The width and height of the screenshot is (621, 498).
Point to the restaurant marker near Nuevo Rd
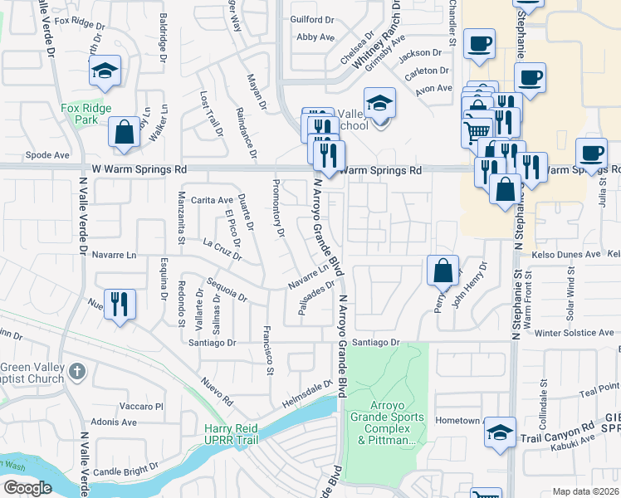click(121, 305)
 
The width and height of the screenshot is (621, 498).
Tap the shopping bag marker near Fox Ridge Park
click(124, 133)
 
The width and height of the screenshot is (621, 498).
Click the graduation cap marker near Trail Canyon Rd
click(500, 433)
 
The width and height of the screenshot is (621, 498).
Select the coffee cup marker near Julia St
click(590, 154)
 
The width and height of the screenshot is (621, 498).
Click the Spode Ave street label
click(47, 154)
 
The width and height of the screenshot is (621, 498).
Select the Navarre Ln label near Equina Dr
click(114, 255)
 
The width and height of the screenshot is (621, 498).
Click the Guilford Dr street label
click(312, 19)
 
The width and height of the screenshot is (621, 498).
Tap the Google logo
click(27, 487)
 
